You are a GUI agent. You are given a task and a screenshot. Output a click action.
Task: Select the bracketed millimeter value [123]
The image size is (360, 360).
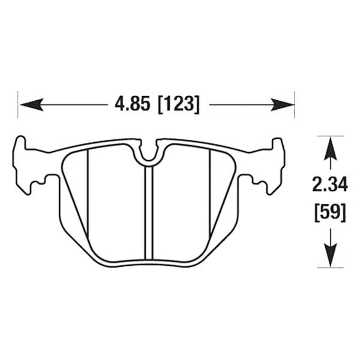[178, 104]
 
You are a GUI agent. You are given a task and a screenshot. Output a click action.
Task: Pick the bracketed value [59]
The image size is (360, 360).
[329, 212]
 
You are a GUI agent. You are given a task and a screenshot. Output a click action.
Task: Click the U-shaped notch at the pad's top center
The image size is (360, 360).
[149, 153]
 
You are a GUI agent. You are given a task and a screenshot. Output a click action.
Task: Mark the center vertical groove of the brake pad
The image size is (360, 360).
[149, 210]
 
